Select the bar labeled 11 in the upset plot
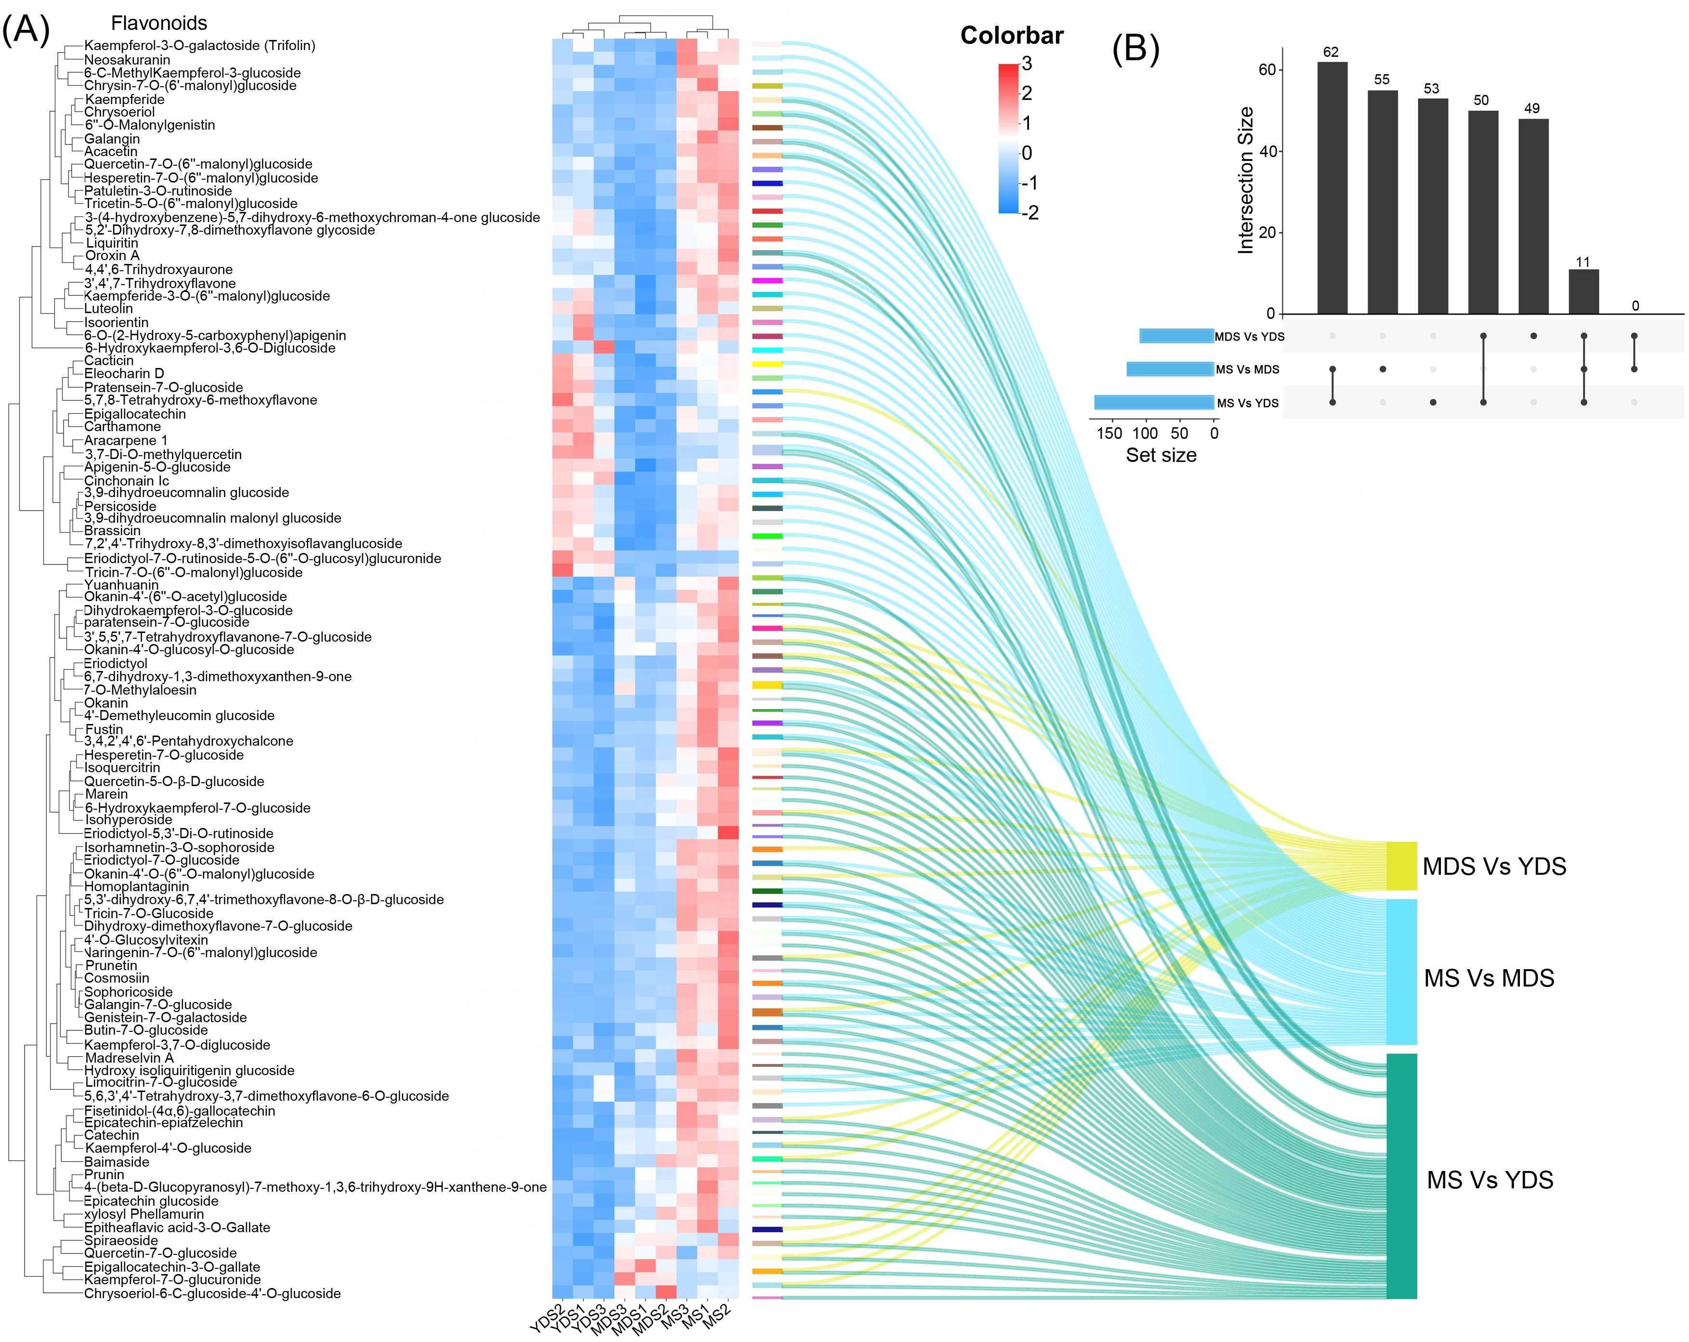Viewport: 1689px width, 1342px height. pos(1583,291)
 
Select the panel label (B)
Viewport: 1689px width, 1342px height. pos(1135,49)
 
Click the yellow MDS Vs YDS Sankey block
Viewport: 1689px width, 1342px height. pos(1401,866)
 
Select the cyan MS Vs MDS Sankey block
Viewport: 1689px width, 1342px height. pos(1401,972)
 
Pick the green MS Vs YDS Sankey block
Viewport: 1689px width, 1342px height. pos(1401,1175)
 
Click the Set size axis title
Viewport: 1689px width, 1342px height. pos(1161,455)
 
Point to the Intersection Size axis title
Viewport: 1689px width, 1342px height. pos(1246,180)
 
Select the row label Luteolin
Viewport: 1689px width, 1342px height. pos(109,309)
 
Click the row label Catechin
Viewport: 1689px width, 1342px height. pos(112,1135)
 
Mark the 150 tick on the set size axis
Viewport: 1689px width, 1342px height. pos(1110,433)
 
